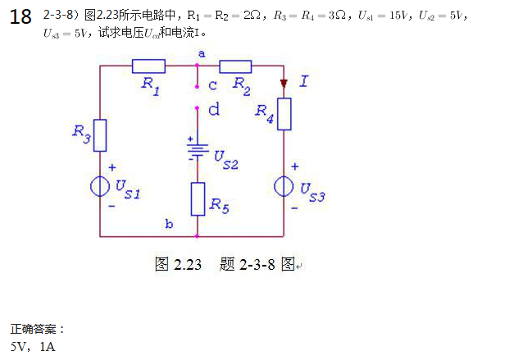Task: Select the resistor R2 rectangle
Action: tap(235, 66)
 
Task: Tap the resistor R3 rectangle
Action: tap(100, 135)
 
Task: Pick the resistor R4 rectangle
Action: tap(284, 114)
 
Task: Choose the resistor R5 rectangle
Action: tap(198, 199)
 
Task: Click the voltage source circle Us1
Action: tap(100, 186)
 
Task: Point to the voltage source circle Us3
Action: tap(284, 186)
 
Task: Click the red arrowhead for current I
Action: tap(284, 83)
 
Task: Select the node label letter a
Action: tap(202, 52)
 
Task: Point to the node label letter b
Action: tap(169, 223)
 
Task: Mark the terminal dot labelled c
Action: tap(198, 84)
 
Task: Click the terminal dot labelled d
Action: tap(198, 107)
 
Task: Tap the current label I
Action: tap(304, 80)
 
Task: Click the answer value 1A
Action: tap(47, 347)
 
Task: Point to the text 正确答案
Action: tap(36, 330)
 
